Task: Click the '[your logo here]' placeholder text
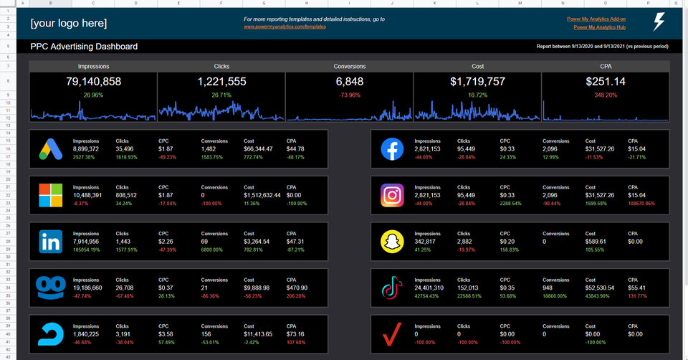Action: [68, 23]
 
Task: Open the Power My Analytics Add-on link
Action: [596, 19]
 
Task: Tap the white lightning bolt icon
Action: [658, 22]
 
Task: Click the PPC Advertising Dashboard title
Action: [84, 47]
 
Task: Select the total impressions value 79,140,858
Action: [93, 82]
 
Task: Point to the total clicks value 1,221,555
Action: [221, 82]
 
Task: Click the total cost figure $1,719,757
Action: [477, 82]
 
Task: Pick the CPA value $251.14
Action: [606, 82]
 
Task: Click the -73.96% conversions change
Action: [350, 95]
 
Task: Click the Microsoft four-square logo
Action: [50, 195]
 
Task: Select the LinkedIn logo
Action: [50, 242]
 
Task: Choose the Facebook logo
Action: [392, 149]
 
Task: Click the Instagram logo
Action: [392, 195]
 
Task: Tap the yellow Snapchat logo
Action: [392, 242]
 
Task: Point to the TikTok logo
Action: [392, 288]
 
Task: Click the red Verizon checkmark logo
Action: [392, 334]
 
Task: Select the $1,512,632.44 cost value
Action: [262, 194]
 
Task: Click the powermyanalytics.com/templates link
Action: [285, 27]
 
